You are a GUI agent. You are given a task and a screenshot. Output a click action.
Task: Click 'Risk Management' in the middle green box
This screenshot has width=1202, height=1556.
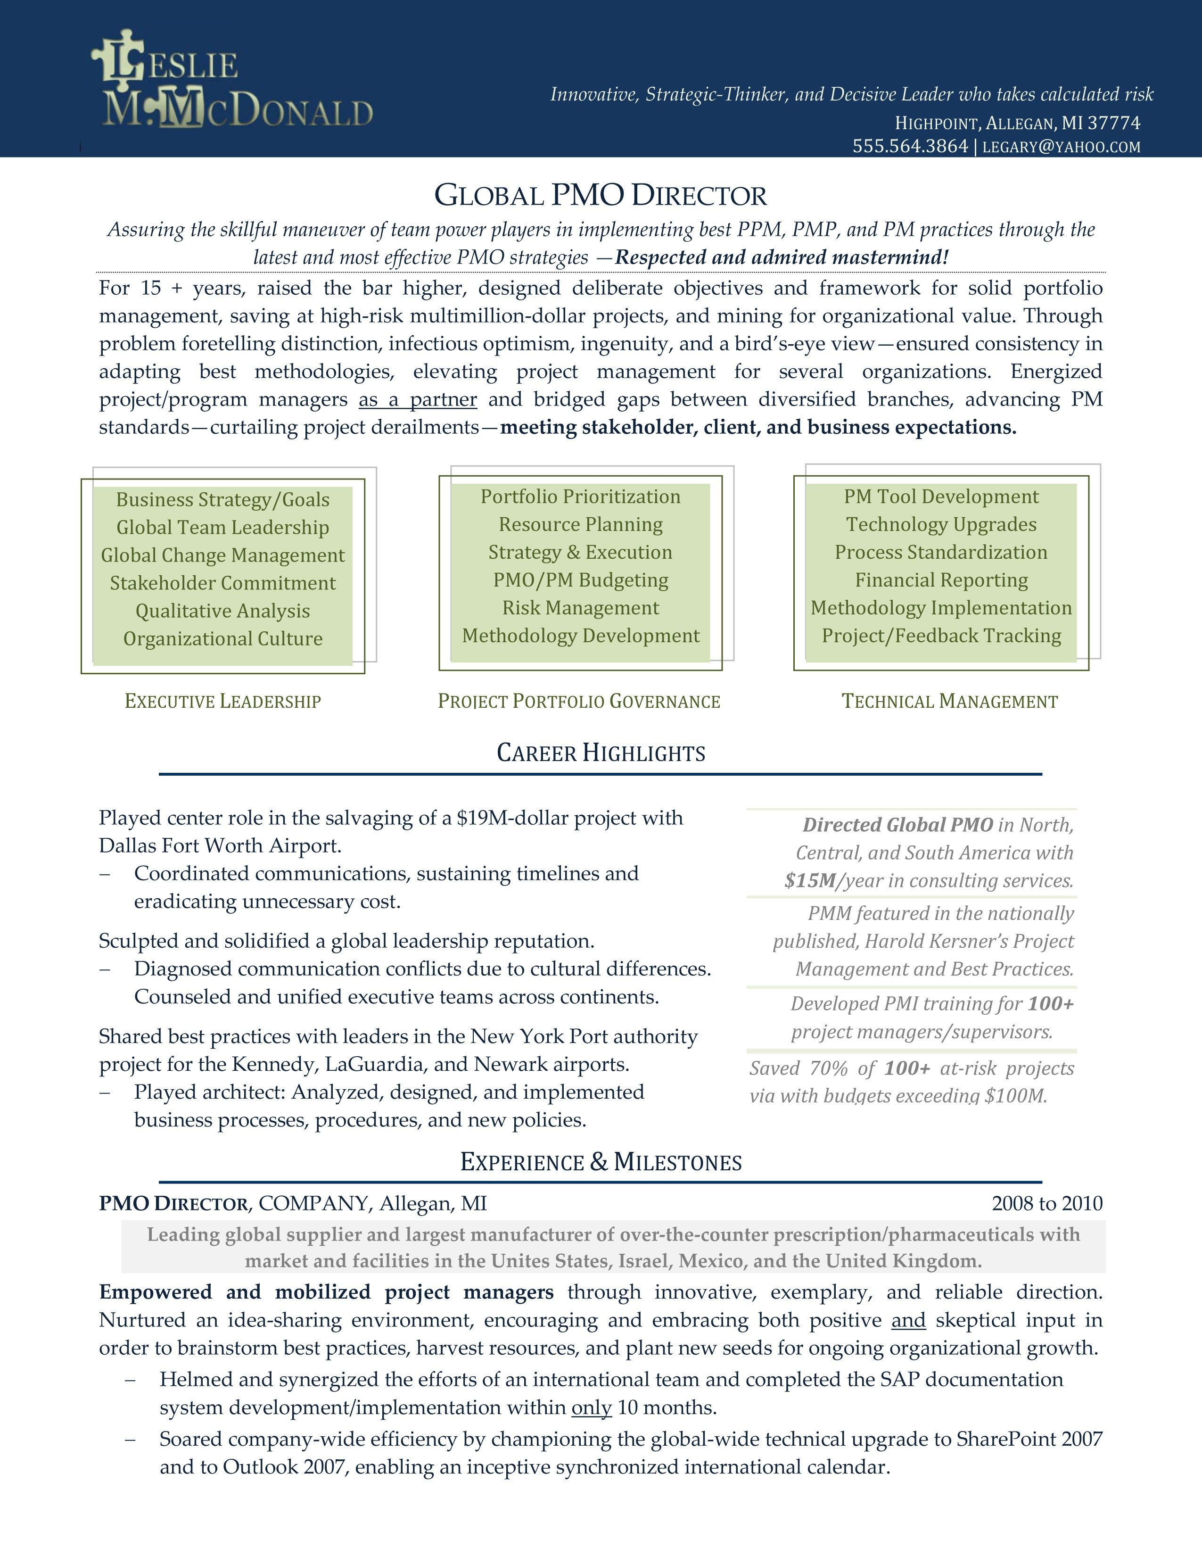pos(580,608)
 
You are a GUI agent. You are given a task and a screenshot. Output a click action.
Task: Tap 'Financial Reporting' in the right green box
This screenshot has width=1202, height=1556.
pos(941,580)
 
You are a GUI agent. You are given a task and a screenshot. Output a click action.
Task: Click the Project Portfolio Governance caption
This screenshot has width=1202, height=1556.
pos(579,701)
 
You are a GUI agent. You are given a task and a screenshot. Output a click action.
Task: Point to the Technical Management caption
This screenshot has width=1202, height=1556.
pos(949,701)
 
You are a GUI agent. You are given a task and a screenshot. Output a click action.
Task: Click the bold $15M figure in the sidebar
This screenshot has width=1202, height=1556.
pos(810,881)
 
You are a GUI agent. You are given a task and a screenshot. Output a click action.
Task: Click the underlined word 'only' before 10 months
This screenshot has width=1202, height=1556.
pos(591,1408)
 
